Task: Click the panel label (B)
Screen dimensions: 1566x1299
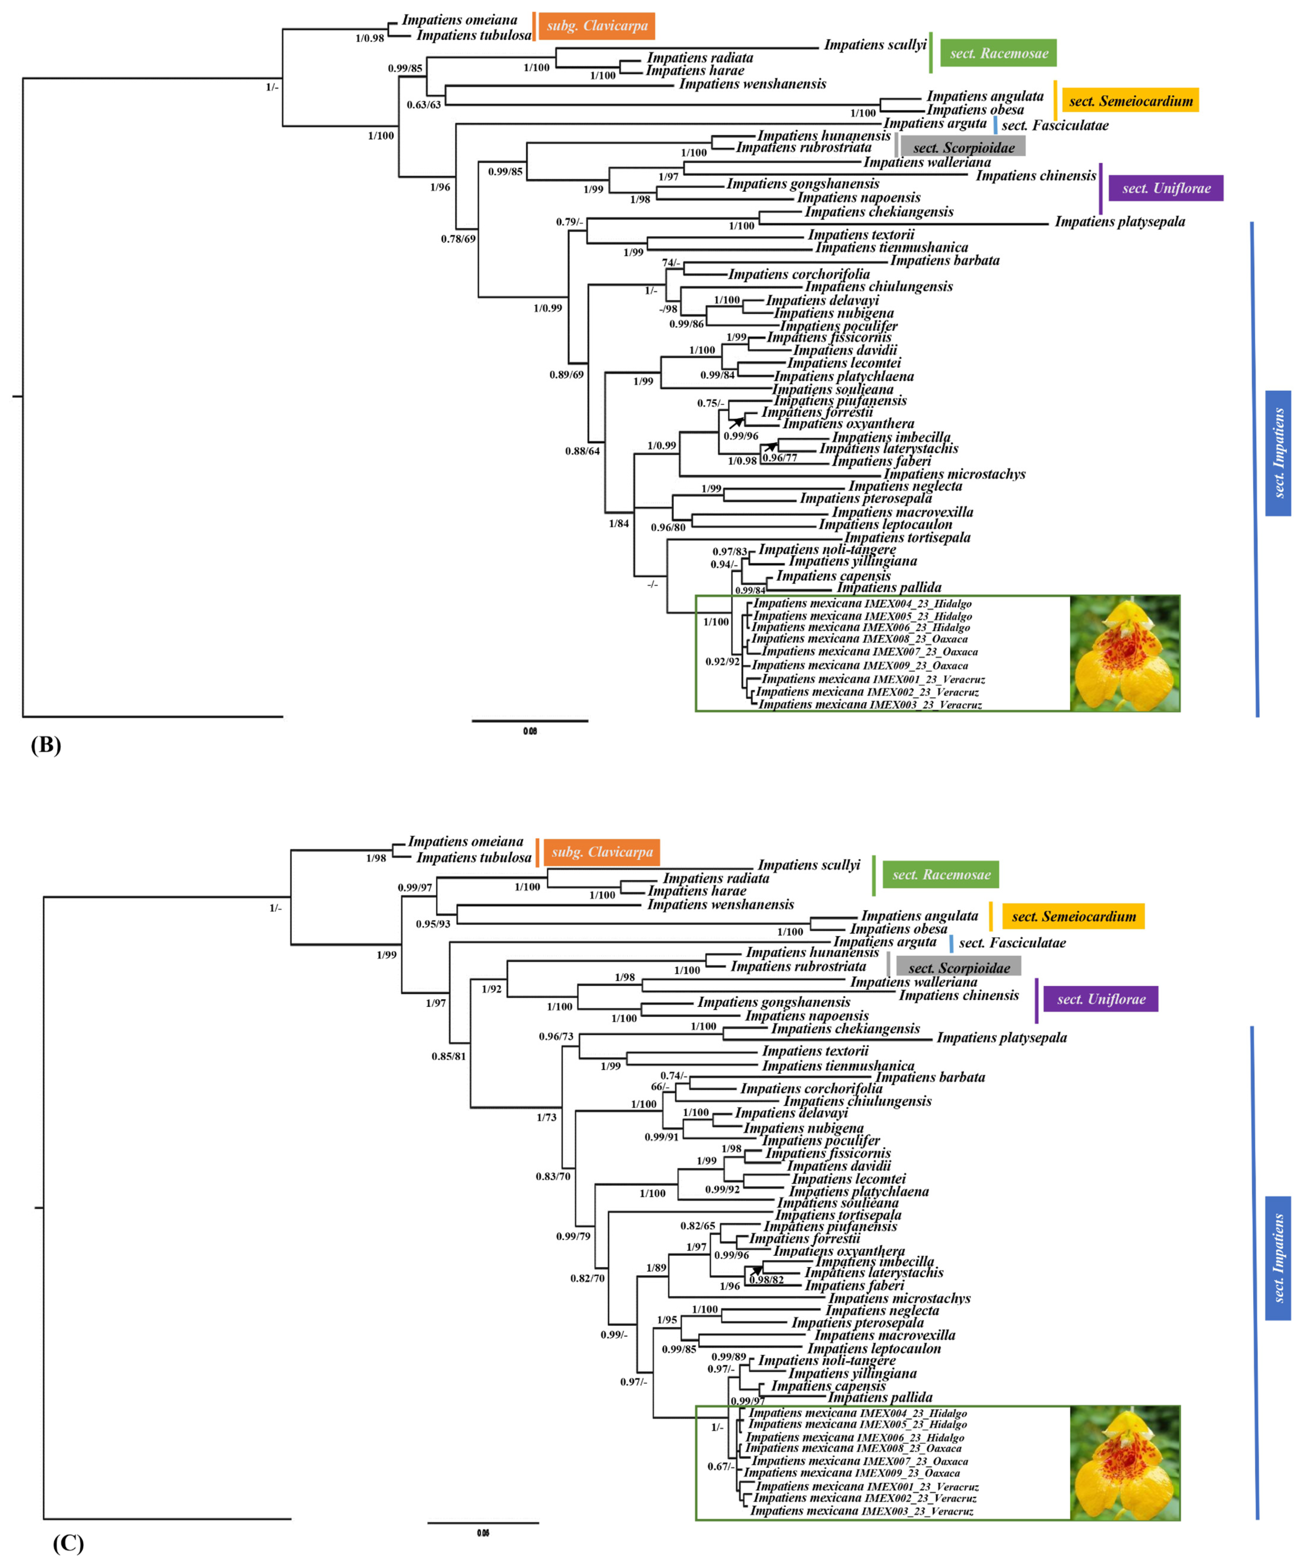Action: point(45,745)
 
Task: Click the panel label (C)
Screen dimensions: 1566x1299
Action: point(68,1542)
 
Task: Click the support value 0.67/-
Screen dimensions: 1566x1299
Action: point(721,1466)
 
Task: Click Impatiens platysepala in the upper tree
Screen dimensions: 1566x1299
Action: point(1119,221)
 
